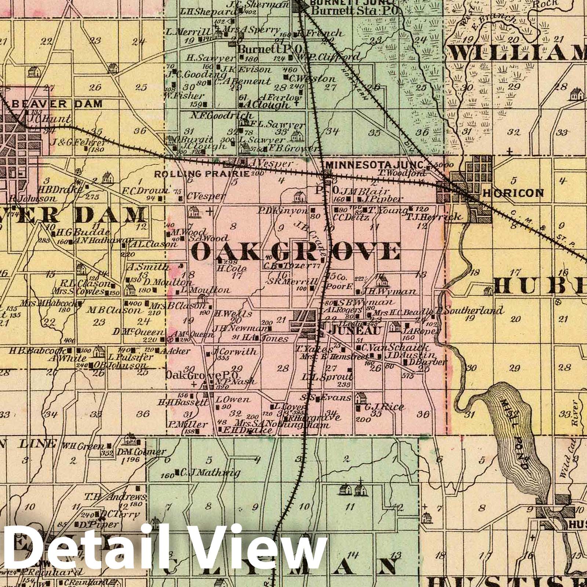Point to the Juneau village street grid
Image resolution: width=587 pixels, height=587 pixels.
click(307, 323)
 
